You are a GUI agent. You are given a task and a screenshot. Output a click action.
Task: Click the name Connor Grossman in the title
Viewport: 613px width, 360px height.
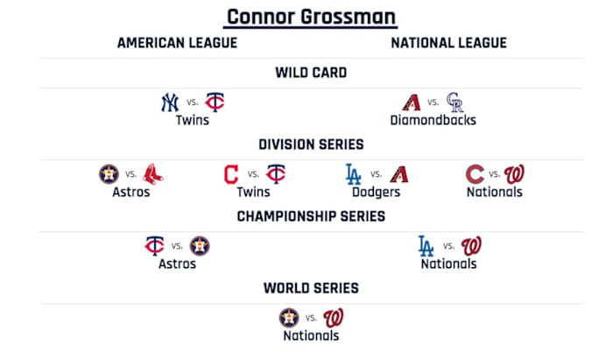pos(311,16)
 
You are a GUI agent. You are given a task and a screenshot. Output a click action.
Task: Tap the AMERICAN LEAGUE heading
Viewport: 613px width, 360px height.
pos(177,43)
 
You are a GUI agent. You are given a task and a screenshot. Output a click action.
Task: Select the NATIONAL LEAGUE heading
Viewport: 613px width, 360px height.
pos(448,43)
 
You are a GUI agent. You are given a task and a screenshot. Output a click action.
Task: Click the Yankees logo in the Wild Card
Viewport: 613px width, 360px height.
pos(169,102)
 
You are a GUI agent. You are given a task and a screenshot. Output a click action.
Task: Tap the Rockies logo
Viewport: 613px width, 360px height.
pos(455,102)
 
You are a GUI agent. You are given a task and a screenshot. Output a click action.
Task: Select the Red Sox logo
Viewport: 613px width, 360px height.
pos(154,174)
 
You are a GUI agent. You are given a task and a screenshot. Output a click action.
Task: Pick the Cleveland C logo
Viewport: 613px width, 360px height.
pos(231,174)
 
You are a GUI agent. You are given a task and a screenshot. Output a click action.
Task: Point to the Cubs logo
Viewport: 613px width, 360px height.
pos(476,174)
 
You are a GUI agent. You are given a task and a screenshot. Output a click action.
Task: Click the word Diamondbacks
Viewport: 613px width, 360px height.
pos(433,120)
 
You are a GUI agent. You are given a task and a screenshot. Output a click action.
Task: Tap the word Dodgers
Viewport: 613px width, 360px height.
pos(376,192)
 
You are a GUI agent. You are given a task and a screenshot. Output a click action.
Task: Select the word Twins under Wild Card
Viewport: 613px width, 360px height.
pos(192,120)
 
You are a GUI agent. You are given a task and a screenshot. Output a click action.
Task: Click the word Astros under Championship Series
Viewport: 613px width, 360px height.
pos(177,264)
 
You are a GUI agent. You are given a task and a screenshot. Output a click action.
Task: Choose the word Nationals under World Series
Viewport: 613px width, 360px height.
pos(311,335)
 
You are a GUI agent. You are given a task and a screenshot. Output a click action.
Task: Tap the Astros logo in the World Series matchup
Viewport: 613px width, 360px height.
pos(288,317)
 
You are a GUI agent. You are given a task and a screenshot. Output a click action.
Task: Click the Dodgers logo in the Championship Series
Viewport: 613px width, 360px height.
pos(426,245)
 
